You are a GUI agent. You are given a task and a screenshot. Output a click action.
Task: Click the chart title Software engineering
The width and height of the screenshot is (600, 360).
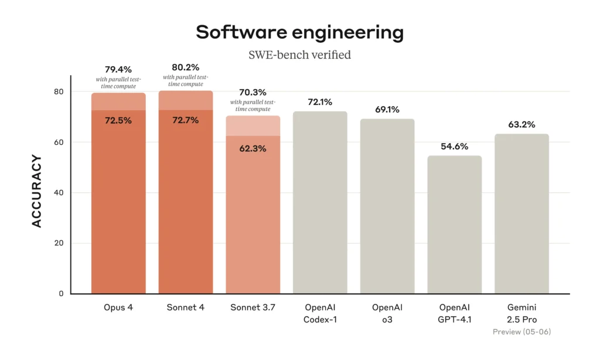[299, 32]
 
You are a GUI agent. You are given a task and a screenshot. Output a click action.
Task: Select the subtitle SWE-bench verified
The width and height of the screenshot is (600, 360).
[299, 55]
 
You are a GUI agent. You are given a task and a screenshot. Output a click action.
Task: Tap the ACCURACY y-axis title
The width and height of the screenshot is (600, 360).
[36, 191]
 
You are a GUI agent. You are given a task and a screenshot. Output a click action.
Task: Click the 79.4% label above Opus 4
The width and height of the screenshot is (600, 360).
[118, 70]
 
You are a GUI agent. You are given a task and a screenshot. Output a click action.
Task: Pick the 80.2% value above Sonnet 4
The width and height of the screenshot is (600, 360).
[185, 67]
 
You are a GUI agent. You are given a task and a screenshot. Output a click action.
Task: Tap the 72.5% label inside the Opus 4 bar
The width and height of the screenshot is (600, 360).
[118, 120]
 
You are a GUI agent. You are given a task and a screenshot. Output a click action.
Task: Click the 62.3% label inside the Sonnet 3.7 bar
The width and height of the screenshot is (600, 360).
[253, 148]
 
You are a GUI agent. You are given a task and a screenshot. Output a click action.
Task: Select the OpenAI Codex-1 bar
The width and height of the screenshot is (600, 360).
[320, 202]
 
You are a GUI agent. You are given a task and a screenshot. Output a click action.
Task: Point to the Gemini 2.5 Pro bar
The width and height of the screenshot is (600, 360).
[521, 214]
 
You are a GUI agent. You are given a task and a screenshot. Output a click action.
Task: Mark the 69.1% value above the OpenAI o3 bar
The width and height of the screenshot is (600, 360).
[387, 110]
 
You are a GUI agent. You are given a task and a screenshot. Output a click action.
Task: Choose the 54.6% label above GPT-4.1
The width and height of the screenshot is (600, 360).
[454, 147]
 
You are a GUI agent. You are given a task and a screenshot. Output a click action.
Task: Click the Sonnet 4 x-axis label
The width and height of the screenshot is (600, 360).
[185, 308]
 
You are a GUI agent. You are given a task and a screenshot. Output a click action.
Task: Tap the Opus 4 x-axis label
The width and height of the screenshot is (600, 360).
[118, 308]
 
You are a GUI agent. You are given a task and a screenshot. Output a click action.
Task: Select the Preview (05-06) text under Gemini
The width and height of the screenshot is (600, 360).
[521, 332]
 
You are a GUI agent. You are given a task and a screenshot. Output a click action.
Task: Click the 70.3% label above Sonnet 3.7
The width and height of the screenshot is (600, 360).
[253, 92]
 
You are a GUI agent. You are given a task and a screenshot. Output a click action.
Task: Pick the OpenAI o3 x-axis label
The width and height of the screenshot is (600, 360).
[387, 313]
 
